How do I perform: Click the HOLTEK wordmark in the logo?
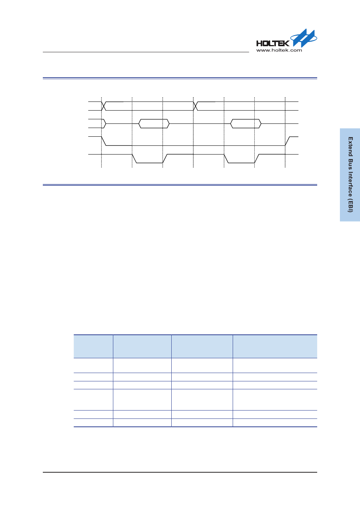[273, 43]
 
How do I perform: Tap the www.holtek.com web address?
[279, 50]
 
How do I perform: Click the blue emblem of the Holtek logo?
[304, 38]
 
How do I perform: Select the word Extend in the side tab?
[351, 147]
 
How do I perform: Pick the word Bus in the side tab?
[351, 165]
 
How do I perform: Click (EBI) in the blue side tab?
[351, 206]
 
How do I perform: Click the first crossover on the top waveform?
[104, 106]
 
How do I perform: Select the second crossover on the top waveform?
[196, 106]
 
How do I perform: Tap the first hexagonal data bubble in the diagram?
[154, 123]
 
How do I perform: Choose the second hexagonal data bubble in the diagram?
[246, 123]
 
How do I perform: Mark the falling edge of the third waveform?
[104, 141]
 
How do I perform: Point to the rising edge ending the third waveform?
[288, 141]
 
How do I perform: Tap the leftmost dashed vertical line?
[102, 132]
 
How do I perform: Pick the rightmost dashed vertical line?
[285, 132]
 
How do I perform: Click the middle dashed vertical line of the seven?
[193, 132]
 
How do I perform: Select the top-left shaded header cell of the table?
[93, 347]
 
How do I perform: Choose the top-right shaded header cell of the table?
[275, 347]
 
